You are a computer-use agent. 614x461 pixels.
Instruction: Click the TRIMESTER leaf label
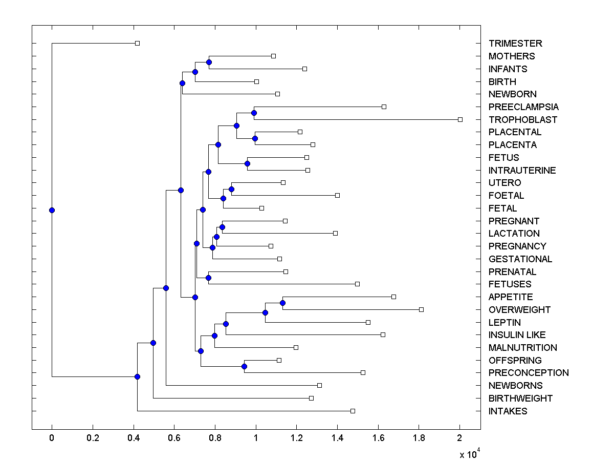515,44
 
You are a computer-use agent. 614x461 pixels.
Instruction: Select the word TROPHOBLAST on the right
523,119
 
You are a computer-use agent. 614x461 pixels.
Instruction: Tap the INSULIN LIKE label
517,334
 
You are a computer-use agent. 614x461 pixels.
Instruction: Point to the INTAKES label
508,411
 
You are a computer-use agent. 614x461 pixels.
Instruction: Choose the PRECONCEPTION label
529,372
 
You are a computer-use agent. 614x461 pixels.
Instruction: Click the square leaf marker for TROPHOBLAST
460,119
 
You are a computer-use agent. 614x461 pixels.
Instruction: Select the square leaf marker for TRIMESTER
137,43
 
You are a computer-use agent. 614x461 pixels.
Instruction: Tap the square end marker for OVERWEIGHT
421,309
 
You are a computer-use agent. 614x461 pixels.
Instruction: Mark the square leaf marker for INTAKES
353,411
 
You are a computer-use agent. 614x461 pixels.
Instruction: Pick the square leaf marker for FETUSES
357,284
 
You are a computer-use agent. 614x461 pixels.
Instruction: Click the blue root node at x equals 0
52,210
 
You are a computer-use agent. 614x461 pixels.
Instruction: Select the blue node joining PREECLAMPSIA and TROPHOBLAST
254,113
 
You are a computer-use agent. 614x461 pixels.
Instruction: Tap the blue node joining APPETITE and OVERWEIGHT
282,303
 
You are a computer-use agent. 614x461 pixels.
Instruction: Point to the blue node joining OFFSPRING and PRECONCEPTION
244,366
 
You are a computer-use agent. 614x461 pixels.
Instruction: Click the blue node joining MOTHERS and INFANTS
209,62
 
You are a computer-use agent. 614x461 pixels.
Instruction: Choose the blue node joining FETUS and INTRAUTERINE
247,163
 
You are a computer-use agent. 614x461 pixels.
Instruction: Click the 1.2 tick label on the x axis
296,438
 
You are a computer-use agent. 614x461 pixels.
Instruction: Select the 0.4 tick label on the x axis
133,438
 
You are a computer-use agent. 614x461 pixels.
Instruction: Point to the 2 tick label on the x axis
459,438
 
